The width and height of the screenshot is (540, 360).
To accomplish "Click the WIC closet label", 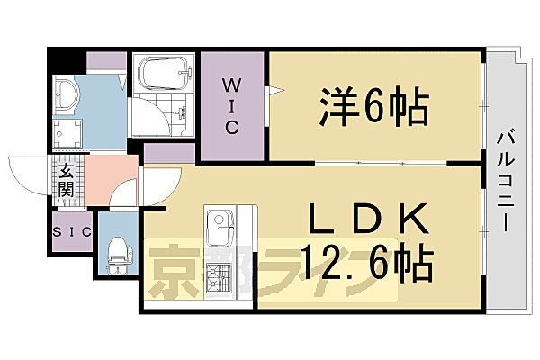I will point(231,105).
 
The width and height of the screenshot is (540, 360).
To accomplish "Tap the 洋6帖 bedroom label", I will point(371,107).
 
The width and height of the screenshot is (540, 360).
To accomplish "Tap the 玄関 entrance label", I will point(67,181).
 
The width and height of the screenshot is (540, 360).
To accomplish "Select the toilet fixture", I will point(116,251).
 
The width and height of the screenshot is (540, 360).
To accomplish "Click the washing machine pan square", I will point(67,134).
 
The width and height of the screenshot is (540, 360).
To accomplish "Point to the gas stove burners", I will point(219,282).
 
